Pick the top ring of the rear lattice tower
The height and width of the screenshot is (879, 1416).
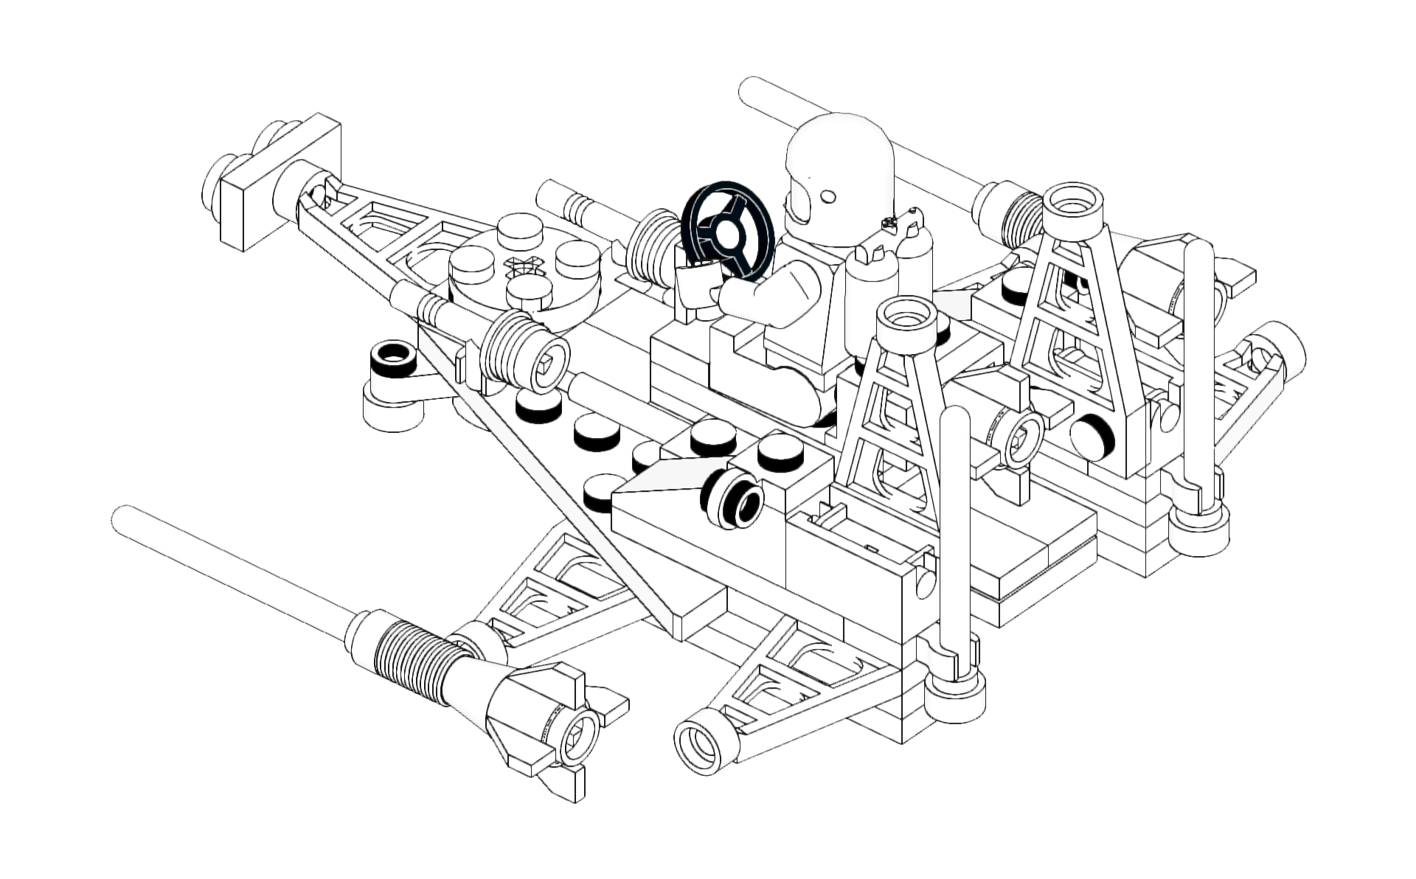tap(1073, 201)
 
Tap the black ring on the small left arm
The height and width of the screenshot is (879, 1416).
tap(393, 359)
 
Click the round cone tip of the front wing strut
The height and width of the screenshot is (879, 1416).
tap(704, 747)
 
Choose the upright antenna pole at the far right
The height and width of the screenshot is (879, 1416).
tap(1198, 369)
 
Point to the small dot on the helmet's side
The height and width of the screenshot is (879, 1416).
tap(828, 196)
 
